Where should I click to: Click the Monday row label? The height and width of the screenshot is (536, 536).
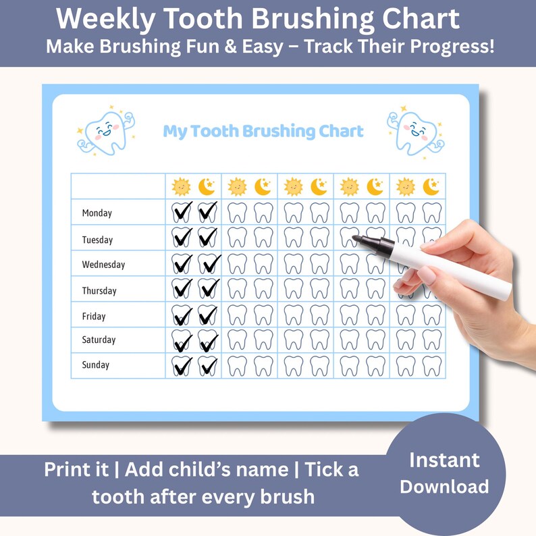[x=97, y=213]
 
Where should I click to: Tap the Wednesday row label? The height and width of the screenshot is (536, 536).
[x=103, y=265]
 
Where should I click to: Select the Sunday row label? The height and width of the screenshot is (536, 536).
[x=95, y=365]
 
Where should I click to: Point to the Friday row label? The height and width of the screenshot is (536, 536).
[x=94, y=316]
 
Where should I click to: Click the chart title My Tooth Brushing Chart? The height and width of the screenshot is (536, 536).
[x=263, y=131]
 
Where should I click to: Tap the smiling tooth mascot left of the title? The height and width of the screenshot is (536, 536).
[x=106, y=130]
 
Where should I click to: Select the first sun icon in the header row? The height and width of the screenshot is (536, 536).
[x=181, y=186]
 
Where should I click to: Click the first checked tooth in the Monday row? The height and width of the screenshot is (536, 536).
[x=182, y=213]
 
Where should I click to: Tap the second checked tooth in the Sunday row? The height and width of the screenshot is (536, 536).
[x=208, y=366]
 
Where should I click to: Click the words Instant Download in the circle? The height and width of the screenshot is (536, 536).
[x=444, y=473]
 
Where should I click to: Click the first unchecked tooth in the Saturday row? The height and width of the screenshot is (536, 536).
[x=237, y=340]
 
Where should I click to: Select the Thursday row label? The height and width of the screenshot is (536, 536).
[x=99, y=291]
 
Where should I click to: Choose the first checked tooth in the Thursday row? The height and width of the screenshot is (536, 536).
[x=182, y=289]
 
